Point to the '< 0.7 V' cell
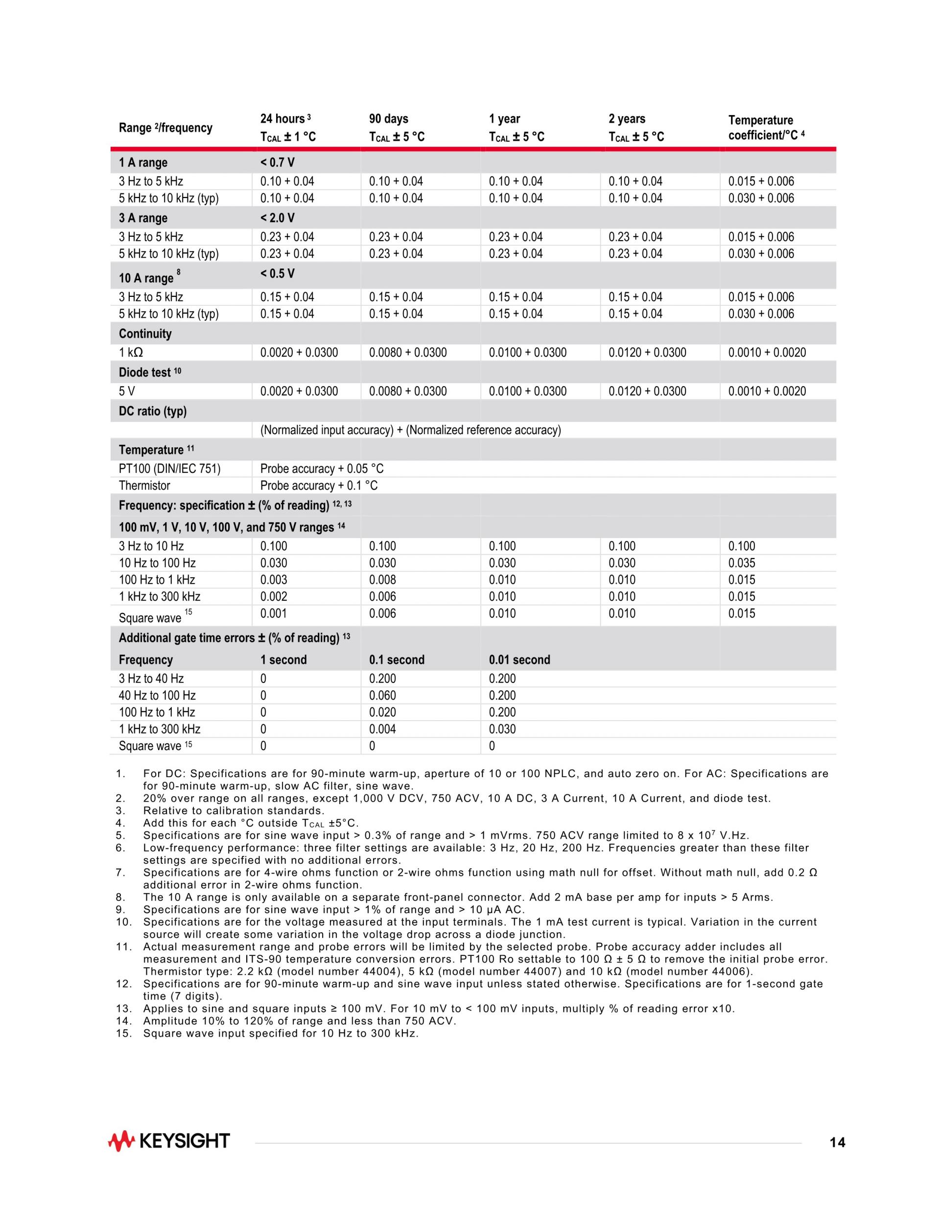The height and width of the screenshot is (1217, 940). coord(277,163)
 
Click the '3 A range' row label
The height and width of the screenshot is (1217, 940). coord(143,218)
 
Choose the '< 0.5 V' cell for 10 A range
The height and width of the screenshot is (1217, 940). coord(277,273)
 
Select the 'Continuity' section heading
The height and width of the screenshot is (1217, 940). coord(145,334)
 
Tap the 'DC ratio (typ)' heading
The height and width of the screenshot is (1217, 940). coord(153,411)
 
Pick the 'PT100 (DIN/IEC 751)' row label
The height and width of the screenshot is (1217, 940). coord(169,469)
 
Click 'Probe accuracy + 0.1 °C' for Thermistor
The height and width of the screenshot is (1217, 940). coord(319,486)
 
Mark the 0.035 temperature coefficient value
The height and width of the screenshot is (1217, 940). coord(742,563)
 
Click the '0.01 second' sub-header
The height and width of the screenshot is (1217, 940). coord(519,660)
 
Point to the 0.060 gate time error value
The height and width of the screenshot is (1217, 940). coord(382,695)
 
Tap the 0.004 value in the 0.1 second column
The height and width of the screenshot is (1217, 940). coord(382,729)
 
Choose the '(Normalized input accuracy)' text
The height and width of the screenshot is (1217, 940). coord(327,430)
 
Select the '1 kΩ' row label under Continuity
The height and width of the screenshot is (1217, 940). coord(131,353)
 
